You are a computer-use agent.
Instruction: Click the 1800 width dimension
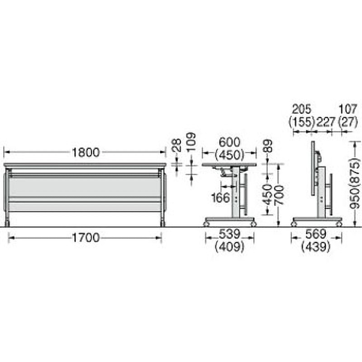(86, 152)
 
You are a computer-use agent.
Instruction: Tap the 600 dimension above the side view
(229, 143)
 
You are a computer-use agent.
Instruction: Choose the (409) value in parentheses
(229, 247)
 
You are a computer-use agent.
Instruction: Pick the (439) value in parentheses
(316, 247)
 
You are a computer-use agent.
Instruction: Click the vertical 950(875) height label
(357, 183)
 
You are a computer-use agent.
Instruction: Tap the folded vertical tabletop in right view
(312, 168)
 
